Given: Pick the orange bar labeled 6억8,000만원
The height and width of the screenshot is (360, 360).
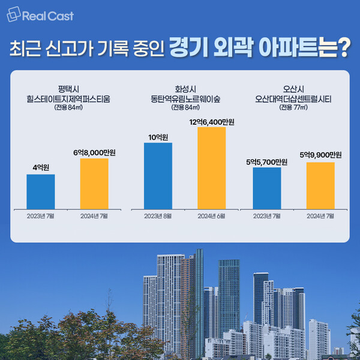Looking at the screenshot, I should click(94, 184).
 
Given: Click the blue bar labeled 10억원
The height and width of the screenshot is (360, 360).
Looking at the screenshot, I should click(158, 176).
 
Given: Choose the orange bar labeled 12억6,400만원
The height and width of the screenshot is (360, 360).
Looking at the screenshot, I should click(212, 169).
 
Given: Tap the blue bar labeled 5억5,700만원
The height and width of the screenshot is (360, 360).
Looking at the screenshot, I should click(267, 188).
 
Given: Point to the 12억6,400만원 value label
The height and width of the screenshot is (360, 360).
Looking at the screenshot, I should click(212, 122).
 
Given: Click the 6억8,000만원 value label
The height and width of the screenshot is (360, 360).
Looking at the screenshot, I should click(94, 153).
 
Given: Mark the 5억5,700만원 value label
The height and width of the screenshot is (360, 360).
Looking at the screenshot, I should click(267, 161).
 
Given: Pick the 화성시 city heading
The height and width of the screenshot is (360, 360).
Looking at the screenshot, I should click(183, 88).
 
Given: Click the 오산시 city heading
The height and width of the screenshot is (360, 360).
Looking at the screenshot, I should click(292, 88).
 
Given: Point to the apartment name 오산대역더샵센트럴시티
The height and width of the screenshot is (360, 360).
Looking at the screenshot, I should click(292, 98).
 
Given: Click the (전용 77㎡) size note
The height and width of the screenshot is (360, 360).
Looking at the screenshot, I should click(292, 109).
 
